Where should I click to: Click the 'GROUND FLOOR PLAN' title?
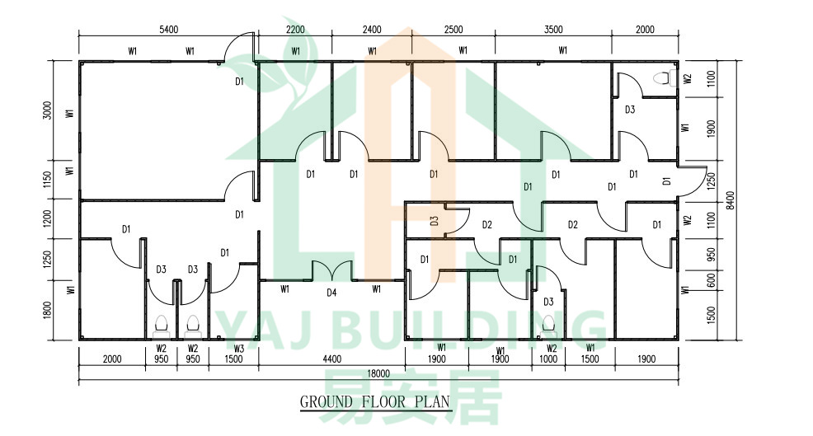375,401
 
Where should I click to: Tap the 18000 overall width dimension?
378,373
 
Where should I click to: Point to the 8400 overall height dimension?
730,200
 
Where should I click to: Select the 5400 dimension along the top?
168,30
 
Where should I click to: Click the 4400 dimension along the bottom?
331,359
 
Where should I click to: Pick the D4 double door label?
331,293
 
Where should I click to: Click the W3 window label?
238,349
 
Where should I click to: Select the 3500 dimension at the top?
553,30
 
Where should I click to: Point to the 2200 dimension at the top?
295,30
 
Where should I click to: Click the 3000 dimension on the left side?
47,110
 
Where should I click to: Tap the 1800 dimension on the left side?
47,310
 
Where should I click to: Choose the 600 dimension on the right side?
711,280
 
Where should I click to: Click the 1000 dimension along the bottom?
548,359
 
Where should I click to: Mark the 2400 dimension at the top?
372,30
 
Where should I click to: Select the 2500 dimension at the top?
453,30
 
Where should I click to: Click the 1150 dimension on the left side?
47,180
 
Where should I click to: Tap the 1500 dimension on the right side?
711,315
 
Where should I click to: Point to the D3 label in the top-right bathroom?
630,110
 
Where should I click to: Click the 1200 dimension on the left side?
47,218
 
